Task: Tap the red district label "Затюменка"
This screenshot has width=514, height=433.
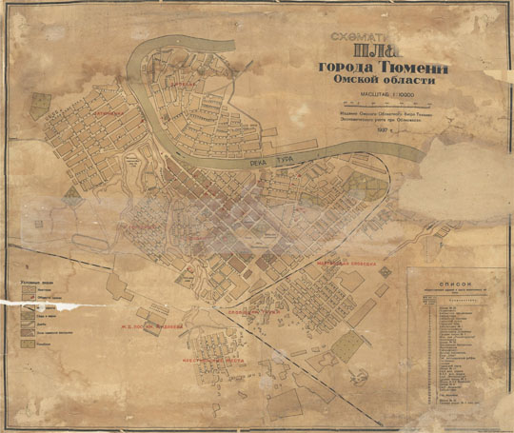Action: [91, 112]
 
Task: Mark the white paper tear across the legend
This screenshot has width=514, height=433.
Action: [57, 304]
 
